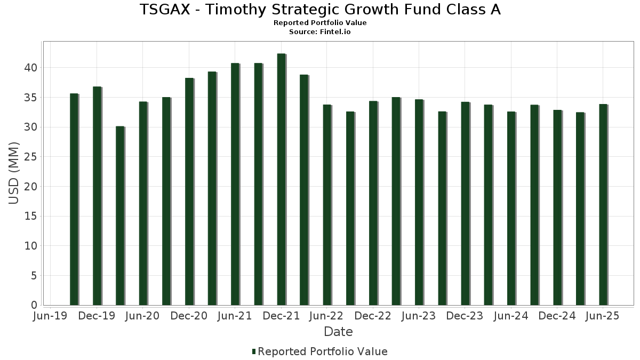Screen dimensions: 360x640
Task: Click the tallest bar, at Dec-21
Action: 281,179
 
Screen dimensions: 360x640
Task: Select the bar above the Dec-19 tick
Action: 97,196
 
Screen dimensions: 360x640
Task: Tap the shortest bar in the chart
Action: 119,215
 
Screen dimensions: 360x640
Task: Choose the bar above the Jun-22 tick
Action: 327,205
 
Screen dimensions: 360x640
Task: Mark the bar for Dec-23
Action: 465,203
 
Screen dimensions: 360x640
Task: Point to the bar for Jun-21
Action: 235,184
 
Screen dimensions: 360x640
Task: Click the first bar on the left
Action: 74,199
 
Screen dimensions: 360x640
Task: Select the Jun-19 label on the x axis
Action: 50,316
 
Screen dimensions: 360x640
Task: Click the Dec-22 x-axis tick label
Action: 373,316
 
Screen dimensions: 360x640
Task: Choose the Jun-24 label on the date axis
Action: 511,316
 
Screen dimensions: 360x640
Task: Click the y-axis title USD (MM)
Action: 14,173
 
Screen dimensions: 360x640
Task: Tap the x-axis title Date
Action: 338,332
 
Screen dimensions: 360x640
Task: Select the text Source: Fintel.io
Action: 320,32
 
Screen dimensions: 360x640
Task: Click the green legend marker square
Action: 254,351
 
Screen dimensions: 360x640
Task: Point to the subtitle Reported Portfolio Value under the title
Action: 320,23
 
